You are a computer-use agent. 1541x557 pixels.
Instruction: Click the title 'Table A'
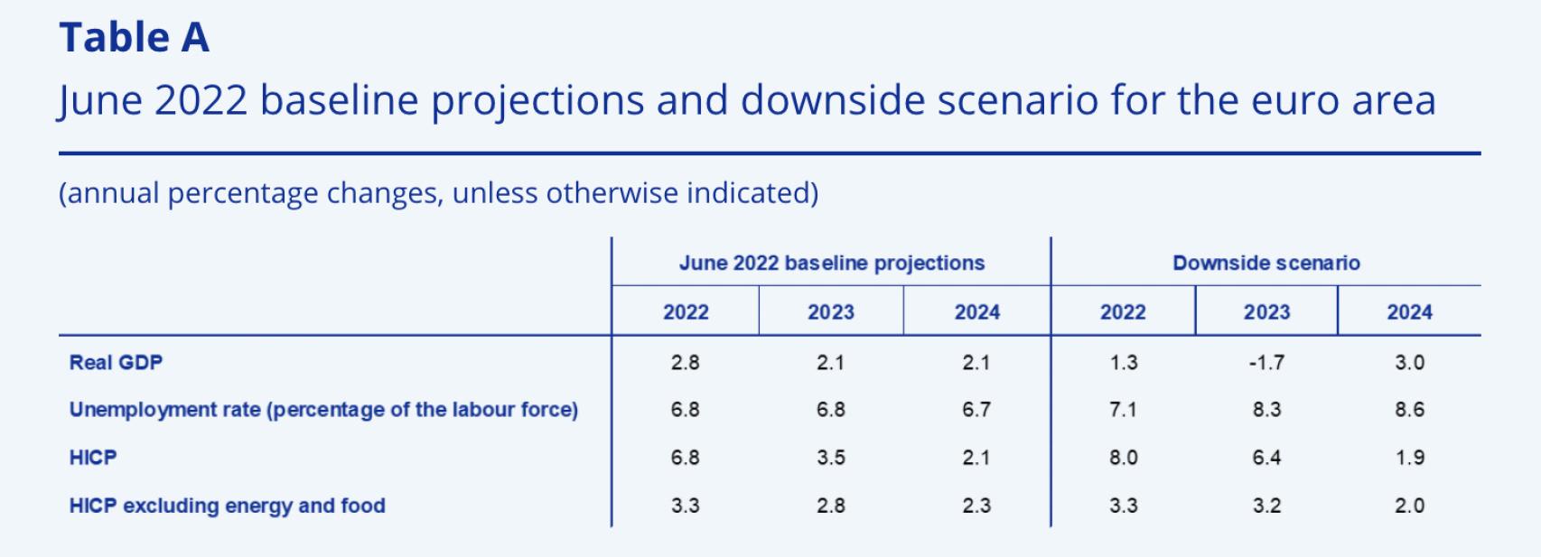(134, 38)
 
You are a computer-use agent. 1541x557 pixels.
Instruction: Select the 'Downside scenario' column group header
(1265, 263)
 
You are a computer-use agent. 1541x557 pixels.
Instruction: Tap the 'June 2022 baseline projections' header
(831, 263)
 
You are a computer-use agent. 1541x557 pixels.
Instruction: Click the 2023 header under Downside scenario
(1266, 312)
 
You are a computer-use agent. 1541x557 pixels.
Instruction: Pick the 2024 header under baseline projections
(976, 312)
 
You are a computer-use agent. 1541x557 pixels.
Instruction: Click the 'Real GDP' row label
(116, 363)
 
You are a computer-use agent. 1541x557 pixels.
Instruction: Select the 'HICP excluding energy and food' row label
(227, 506)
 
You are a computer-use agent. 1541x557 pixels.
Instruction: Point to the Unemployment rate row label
(323, 410)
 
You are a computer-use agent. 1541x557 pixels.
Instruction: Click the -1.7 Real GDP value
(1266, 363)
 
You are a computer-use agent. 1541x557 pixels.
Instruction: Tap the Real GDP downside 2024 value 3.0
(1409, 363)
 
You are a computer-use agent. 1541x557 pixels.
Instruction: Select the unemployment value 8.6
(1409, 410)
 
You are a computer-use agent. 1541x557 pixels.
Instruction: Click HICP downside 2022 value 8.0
(1123, 458)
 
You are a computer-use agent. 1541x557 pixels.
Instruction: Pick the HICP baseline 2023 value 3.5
(830, 458)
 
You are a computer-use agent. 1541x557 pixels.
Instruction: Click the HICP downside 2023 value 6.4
(1266, 458)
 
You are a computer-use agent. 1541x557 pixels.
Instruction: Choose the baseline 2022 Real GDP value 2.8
(685, 363)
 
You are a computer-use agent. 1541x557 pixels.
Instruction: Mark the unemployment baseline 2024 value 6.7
(976, 410)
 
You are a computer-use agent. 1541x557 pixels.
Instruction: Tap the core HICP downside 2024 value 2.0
(1409, 506)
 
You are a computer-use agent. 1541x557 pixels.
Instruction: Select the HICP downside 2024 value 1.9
(1409, 458)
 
